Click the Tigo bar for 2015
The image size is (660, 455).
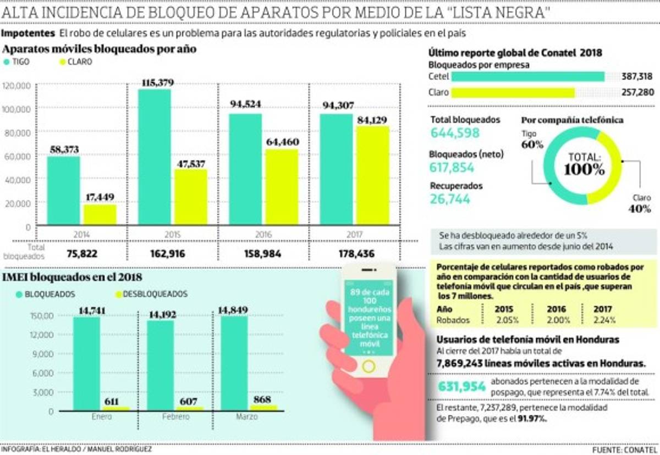pos(155,157)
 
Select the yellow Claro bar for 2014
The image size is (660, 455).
pos(100,214)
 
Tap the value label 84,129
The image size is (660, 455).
pos(373,119)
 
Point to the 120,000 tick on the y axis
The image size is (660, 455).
pos(18,86)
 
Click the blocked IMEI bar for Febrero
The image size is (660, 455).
pos(160,365)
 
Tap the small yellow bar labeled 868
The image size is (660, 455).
pos(263,408)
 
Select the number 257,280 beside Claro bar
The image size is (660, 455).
pos(637,92)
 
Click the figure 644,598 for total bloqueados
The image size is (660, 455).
pos(455,133)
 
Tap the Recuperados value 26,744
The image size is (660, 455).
pos(450,199)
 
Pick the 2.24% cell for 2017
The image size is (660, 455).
pos(604,320)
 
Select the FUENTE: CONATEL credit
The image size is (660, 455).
pos(623,450)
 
